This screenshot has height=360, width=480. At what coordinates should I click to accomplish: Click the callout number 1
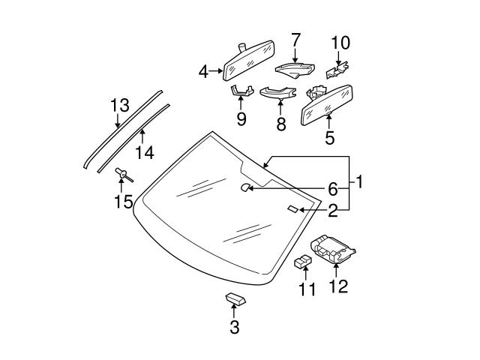(x=359, y=181)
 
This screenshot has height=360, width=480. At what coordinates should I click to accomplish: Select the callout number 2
(x=332, y=211)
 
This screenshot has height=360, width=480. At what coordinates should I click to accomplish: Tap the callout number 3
(x=235, y=326)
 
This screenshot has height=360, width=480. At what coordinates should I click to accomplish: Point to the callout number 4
(x=203, y=72)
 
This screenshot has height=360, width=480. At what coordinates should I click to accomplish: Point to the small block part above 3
(x=234, y=299)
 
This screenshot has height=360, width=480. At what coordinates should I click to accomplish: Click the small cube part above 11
(x=304, y=262)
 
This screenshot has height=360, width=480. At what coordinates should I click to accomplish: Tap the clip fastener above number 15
(x=123, y=176)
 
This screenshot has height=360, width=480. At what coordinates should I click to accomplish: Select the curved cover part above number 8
(x=279, y=94)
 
